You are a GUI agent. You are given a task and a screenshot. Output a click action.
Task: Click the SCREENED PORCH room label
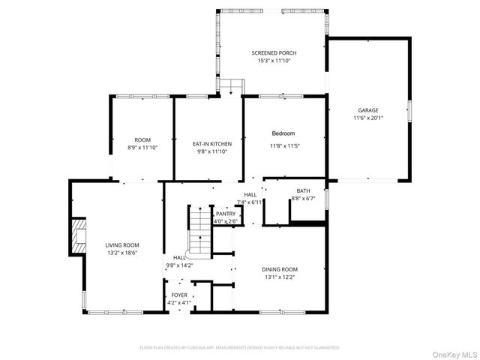[274, 52]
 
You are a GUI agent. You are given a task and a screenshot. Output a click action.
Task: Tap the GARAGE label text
[367, 110]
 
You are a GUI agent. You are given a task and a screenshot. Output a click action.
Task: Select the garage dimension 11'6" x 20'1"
[367, 118]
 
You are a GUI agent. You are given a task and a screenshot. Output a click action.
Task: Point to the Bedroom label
[283, 133]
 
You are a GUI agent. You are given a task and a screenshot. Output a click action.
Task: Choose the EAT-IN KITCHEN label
[211, 143]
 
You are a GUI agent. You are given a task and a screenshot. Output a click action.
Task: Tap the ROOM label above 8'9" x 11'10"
[142, 140]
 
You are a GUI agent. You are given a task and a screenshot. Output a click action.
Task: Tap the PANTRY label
[226, 214]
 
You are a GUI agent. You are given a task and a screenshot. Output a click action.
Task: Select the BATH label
[302, 190]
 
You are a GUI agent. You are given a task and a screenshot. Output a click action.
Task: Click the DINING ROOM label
[280, 269]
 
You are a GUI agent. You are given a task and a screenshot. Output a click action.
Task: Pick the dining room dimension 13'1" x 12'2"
[280, 277]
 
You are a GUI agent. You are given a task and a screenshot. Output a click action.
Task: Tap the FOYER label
[179, 295]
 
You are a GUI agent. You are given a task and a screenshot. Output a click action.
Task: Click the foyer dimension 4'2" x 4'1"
[179, 303]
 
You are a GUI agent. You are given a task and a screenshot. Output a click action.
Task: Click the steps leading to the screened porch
[232, 86]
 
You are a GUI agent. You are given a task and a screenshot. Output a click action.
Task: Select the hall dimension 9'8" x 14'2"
[179, 265]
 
